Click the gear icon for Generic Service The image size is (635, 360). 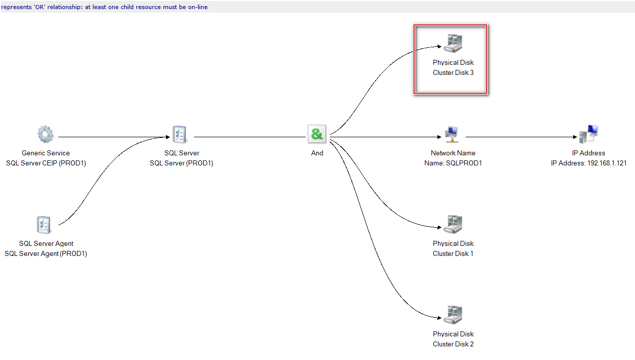point(45,134)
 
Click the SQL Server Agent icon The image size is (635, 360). point(44,225)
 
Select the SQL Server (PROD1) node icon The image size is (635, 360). point(179,134)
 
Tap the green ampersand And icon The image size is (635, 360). point(317,134)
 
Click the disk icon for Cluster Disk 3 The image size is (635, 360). point(453,44)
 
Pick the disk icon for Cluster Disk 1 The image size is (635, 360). point(453,225)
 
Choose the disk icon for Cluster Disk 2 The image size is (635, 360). point(453,315)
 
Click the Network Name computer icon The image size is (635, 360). point(451,134)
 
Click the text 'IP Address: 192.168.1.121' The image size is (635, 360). point(589,163)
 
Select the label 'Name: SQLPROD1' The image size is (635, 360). point(453,163)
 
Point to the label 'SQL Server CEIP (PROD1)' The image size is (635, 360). point(46,163)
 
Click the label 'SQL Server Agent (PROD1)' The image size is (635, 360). point(46,253)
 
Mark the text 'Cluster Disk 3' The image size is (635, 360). point(453,72)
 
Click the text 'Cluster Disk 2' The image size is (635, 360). point(453,344)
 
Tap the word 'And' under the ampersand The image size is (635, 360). point(317,153)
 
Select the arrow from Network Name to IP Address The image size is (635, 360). point(520,137)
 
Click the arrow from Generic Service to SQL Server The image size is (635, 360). point(113,137)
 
